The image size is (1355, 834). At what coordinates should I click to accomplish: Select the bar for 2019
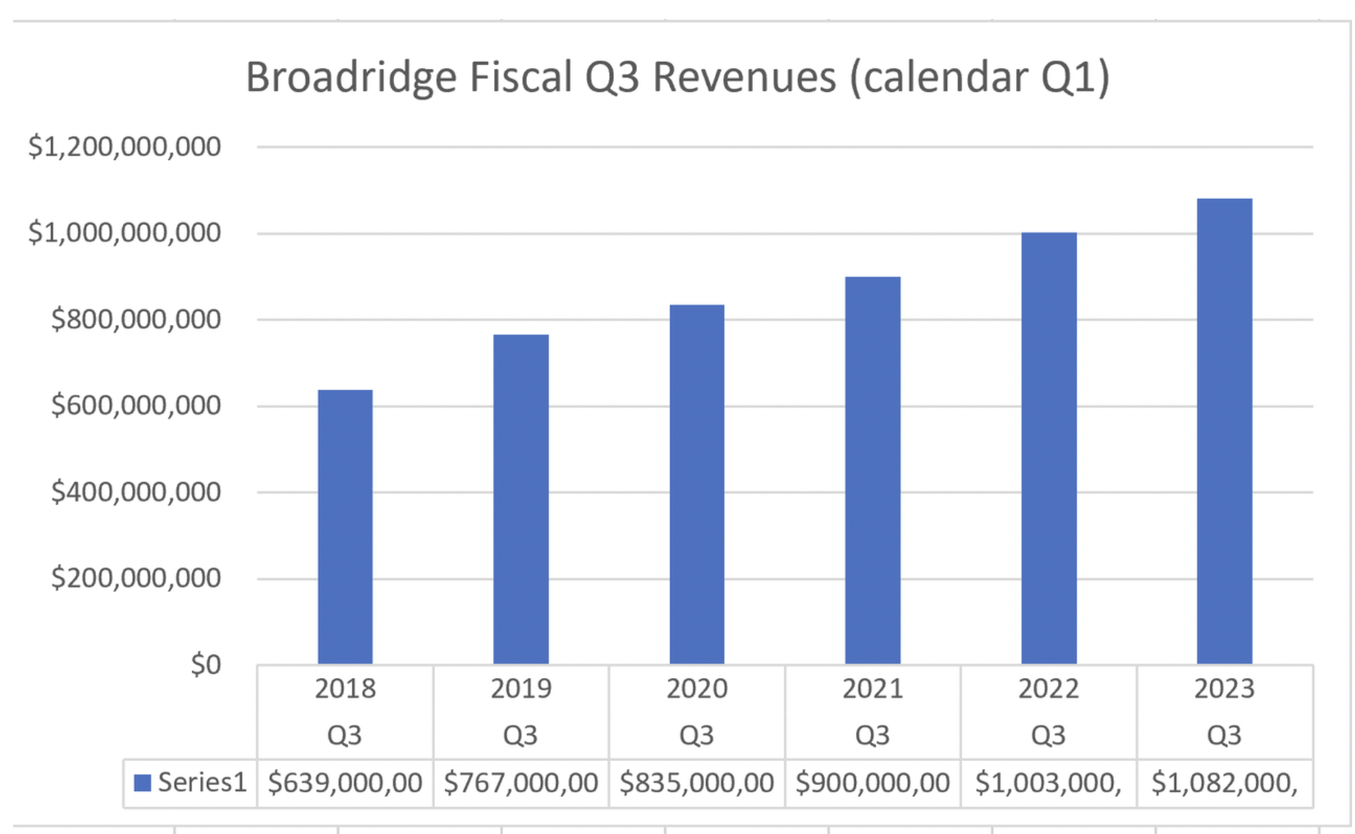520,499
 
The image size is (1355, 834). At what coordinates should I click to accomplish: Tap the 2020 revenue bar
697,483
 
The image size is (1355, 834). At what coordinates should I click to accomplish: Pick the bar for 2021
873,470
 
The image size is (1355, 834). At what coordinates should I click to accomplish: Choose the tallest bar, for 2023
1224,431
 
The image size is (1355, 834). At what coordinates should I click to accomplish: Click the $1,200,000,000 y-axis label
124,147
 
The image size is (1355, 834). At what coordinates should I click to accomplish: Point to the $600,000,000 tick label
136,405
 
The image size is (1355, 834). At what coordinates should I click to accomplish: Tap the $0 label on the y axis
205,665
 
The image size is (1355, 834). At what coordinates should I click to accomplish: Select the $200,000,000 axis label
136,578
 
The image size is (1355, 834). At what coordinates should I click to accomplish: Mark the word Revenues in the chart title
743,77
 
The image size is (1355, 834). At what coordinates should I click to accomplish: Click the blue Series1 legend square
143,783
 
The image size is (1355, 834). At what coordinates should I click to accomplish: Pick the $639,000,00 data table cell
345,783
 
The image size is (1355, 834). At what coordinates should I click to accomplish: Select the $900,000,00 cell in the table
873,783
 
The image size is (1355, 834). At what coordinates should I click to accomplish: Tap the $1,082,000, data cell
1224,783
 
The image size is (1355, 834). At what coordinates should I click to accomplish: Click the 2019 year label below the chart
520,689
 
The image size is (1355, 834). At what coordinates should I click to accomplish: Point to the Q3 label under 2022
1049,735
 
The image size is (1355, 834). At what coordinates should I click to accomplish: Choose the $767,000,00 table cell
520,783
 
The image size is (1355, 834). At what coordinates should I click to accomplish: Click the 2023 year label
1224,689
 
